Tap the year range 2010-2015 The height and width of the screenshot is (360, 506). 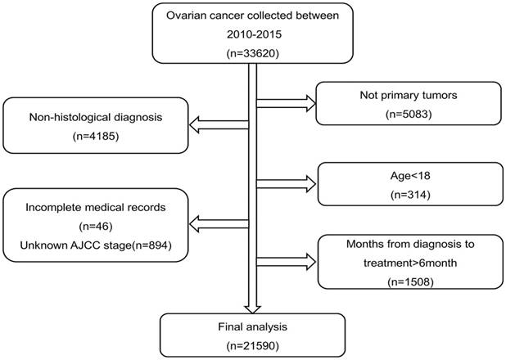click(x=251, y=35)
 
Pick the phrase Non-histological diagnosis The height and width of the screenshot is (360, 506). click(x=97, y=118)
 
